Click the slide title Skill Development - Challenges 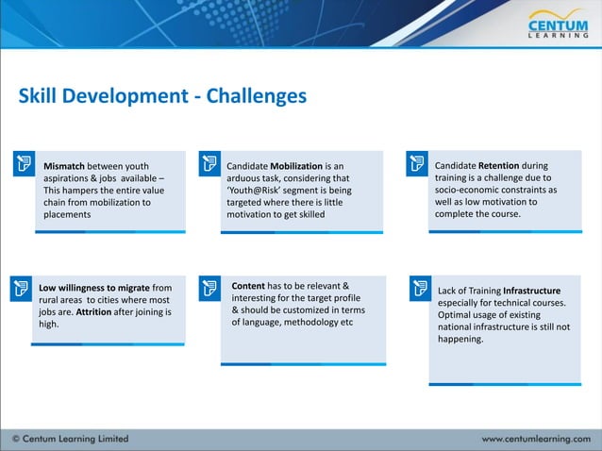click(163, 96)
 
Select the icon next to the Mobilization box click(209, 164)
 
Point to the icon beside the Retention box click(416, 163)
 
